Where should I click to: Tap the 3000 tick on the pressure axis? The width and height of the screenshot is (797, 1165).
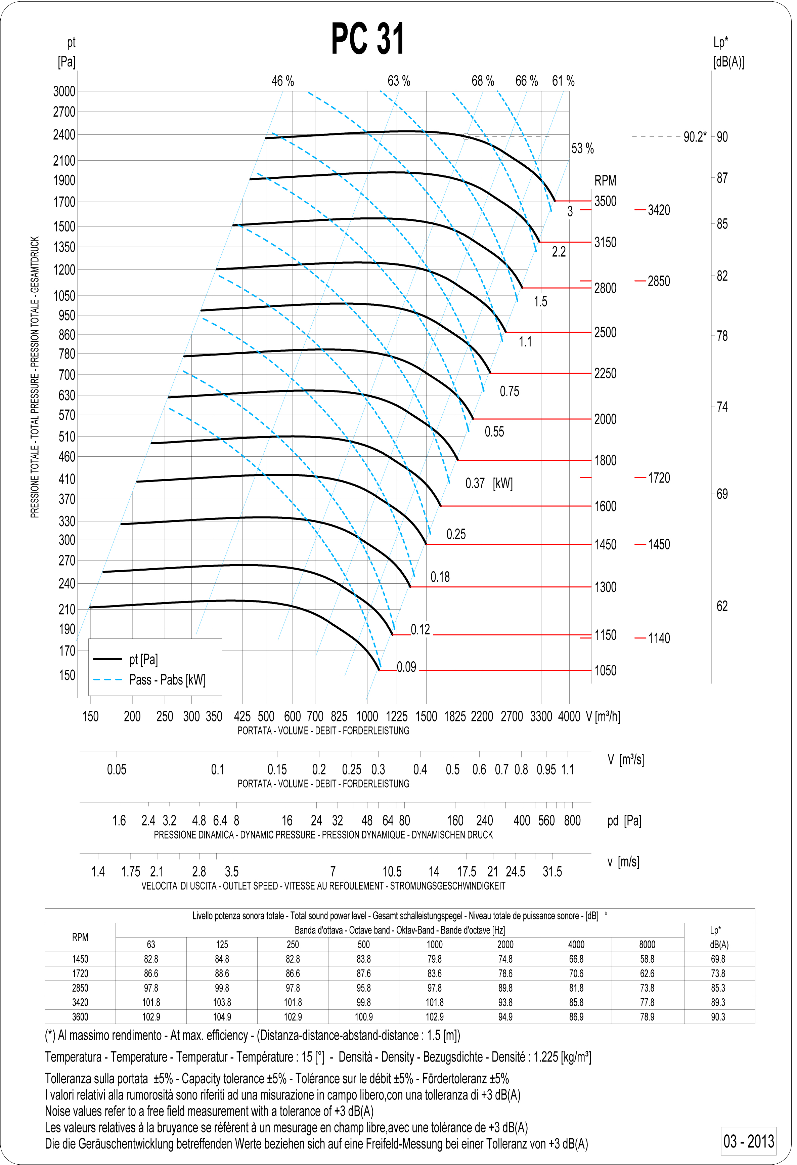64,91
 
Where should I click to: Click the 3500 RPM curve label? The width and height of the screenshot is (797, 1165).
605,201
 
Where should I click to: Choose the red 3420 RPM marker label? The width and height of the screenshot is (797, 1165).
659,210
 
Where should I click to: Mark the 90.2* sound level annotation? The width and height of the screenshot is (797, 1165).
695,137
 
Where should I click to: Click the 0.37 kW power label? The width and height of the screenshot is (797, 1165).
475,483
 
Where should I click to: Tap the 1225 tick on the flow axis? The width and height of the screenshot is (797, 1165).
396,716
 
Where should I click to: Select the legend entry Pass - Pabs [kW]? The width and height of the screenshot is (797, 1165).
167,680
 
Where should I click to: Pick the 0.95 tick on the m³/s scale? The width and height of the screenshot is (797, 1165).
546,769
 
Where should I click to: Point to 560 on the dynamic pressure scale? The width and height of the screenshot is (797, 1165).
546,821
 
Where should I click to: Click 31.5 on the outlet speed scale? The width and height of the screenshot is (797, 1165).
552,872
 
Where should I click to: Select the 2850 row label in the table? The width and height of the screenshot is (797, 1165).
80,988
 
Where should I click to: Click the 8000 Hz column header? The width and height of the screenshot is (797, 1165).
647,945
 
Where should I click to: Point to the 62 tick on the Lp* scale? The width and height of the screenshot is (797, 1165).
722,606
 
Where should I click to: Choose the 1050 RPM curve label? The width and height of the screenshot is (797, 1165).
605,670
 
